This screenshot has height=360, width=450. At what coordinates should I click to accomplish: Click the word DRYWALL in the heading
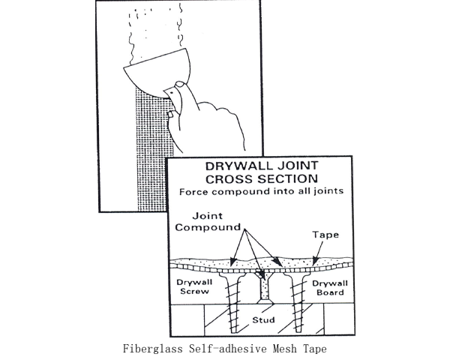(238, 166)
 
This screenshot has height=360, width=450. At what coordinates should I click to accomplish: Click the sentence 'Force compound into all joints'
(262, 191)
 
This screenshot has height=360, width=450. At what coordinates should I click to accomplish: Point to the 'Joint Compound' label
(208, 222)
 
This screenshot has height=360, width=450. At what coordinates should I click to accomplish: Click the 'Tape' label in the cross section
(325, 235)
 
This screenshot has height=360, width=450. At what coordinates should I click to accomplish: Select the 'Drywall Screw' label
(194, 286)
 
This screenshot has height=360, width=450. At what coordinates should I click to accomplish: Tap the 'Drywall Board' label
(330, 288)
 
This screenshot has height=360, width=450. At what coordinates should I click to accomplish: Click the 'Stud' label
(263, 319)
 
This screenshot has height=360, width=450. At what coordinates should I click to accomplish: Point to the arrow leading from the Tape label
(319, 252)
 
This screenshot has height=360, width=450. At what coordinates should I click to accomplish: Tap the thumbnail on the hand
(180, 84)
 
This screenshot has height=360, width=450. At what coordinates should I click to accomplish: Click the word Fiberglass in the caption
(153, 349)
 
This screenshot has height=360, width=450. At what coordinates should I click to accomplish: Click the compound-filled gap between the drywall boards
(264, 286)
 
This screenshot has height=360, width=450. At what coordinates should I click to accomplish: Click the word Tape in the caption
(315, 349)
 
